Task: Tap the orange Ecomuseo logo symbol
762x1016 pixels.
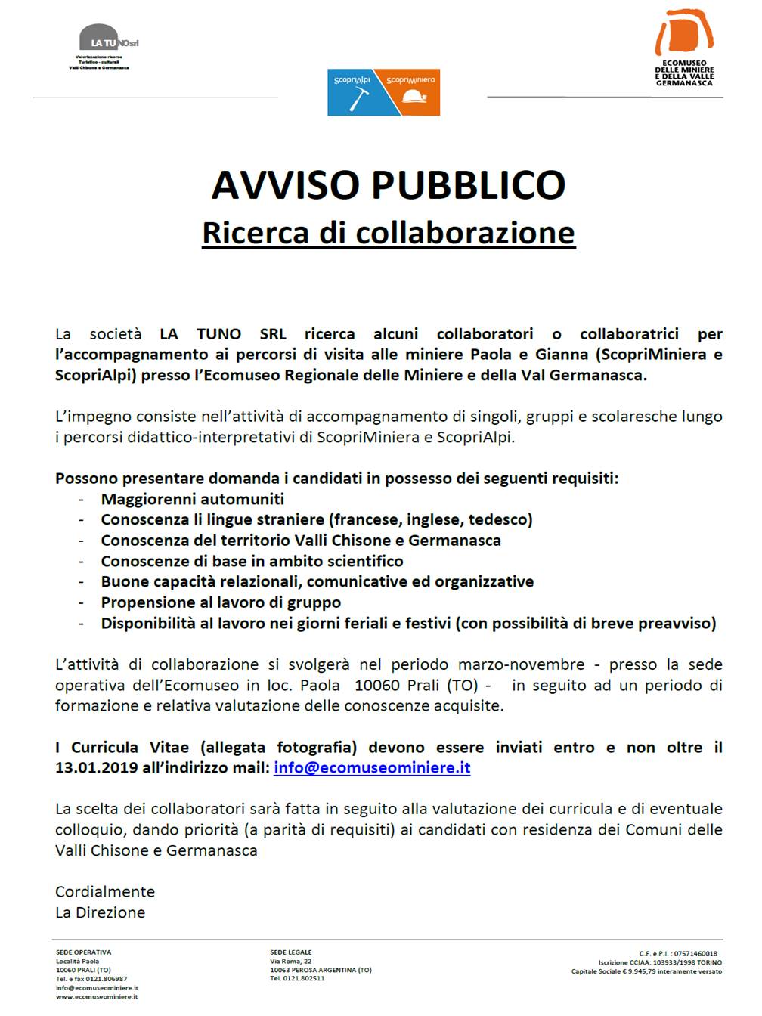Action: coord(684,33)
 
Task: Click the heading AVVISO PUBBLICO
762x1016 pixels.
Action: coord(389,184)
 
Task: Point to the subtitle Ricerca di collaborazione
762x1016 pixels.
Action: coord(389,232)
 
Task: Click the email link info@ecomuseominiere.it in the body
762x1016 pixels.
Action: coord(372,767)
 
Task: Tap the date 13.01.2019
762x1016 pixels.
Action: coord(96,767)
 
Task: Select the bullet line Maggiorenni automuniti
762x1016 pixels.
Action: coord(193,499)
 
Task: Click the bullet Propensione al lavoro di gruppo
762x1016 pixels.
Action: coord(221,602)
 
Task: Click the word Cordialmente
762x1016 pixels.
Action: coord(105,892)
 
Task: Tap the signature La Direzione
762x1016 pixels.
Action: coord(100,912)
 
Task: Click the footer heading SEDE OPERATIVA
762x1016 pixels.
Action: coord(83,952)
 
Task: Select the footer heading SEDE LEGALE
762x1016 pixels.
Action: coord(291,952)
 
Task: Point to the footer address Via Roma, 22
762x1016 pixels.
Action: coord(291,962)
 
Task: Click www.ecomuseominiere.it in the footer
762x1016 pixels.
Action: coord(97,996)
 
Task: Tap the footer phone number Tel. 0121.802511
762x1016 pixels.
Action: coord(297,978)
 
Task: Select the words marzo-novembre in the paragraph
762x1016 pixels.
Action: coord(521,664)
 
